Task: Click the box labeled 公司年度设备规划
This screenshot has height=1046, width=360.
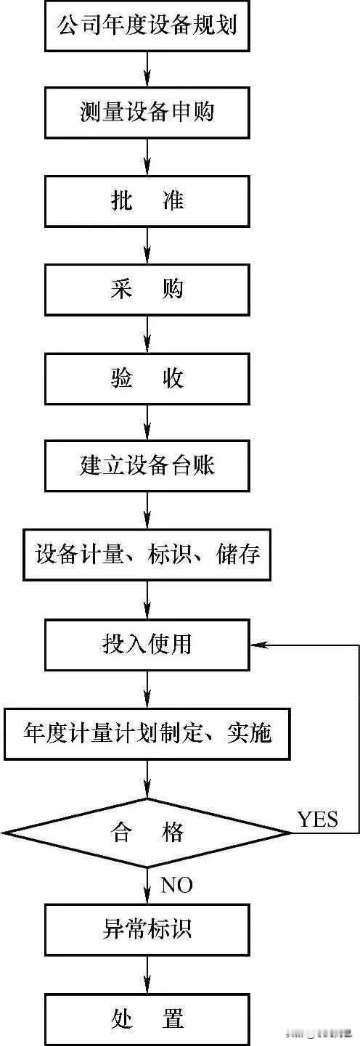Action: click(x=147, y=26)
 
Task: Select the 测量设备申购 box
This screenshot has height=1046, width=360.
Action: click(x=147, y=113)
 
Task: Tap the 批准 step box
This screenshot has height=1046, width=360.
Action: click(x=147, y=201)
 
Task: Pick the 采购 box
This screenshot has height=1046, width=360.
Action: click(x=147, y=290)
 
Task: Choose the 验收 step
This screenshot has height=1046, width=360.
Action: click(x=147, y=378)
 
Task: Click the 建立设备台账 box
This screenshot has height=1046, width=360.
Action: click(x=147, y=465)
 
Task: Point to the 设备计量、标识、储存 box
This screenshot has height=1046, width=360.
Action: click(x=147, y=555)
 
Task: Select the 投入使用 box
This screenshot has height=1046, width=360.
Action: click(x=147, y=645)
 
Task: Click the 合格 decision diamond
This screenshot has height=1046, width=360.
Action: click(x=147, y=831)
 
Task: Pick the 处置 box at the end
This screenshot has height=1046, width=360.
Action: click(x=147, y=1017)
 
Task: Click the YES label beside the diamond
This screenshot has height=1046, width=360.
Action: click(x=317, y=819)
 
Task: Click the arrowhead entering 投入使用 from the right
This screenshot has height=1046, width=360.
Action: click(x=255, y=645)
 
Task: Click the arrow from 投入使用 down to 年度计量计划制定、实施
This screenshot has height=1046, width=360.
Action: click(x=147, y=689)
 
